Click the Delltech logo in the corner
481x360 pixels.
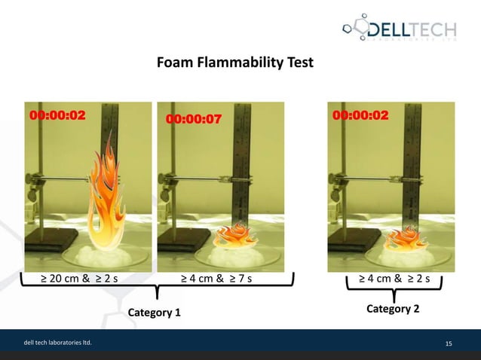(400, 31)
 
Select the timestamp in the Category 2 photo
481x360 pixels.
(360, 116)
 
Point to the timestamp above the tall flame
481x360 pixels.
(57, 116)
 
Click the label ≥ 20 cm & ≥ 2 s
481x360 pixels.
(84, 280)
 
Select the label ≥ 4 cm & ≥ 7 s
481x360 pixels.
(216, 280)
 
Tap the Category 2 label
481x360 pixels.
(393, 309)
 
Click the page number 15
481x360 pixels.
(449, 344)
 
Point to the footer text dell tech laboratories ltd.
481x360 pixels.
(57, 344)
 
